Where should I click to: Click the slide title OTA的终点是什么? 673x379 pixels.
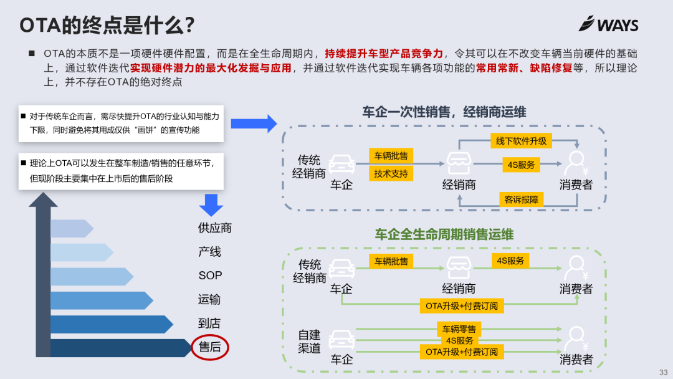tap(107, 26)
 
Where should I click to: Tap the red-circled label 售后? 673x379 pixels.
tap(210, 347)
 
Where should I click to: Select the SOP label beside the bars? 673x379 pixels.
tap(210, 276)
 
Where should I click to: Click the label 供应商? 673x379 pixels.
tap(215, 228)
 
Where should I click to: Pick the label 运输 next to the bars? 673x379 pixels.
tap(209, 300)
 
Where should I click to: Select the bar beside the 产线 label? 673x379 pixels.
tap(81, 252)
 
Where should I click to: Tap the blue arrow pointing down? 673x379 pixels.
tap(211, 204)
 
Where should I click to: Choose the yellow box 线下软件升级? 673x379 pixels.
tap(521, 141)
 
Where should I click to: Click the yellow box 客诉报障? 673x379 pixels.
tap(521, 199)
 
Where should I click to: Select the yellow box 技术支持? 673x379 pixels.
tap(391, 174)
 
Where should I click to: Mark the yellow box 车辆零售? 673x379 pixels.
tap(459, 329)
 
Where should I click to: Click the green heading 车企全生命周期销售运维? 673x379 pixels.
tap(444, 234)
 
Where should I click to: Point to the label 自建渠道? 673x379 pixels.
tap(309, 342)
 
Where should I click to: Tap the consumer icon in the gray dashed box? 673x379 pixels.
tap(576, 164)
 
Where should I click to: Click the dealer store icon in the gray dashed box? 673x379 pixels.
tap(459, 163)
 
